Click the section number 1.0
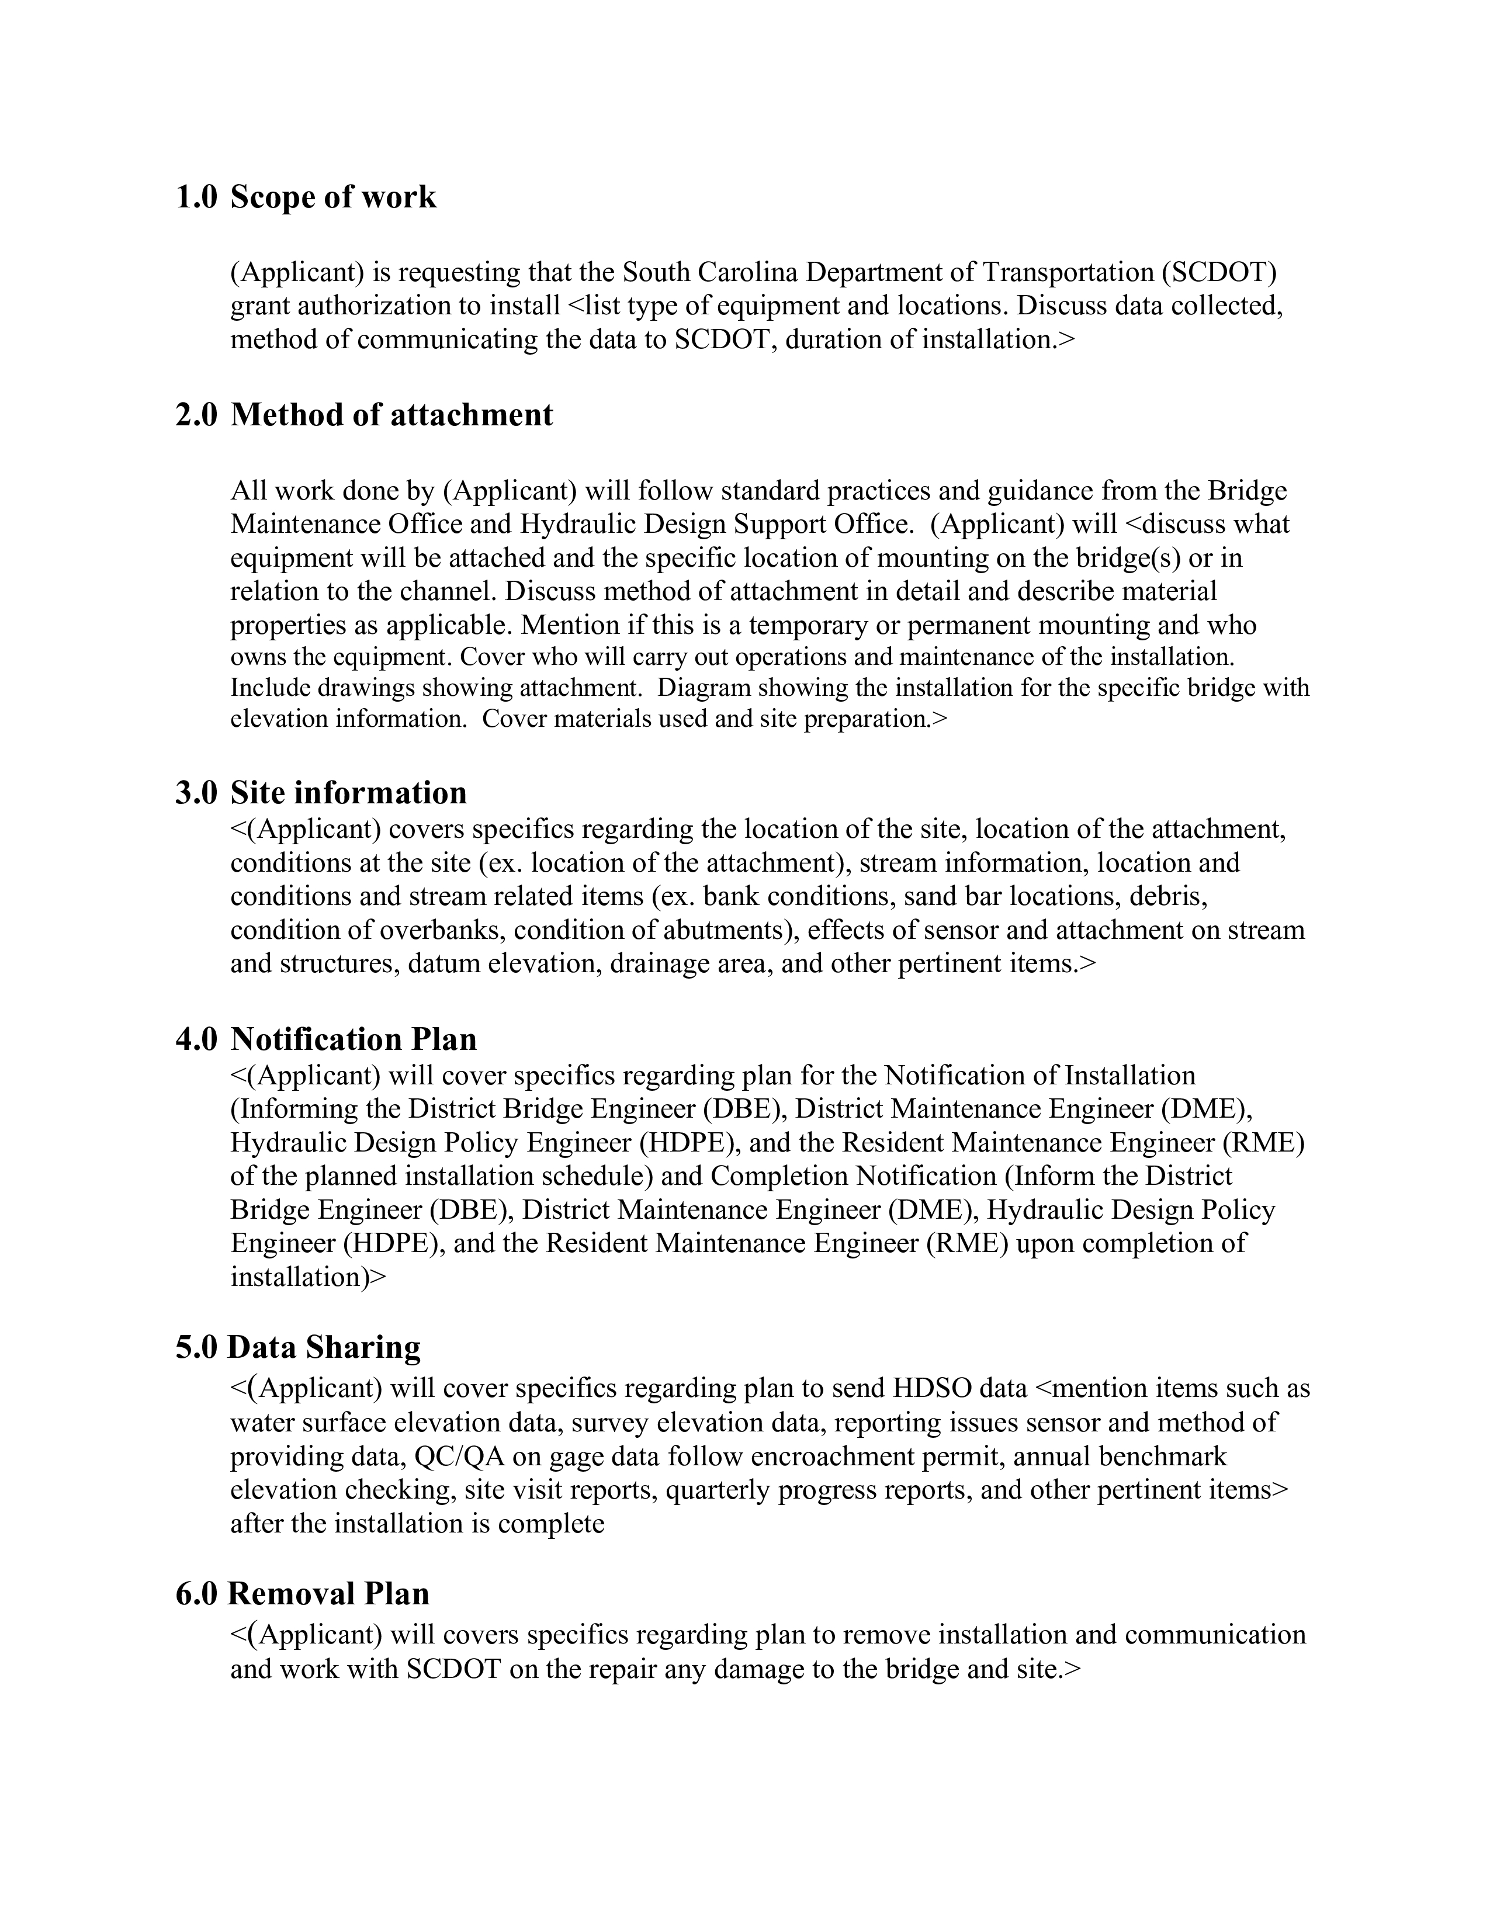195,197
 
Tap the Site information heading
349,793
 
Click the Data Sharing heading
324,1348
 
